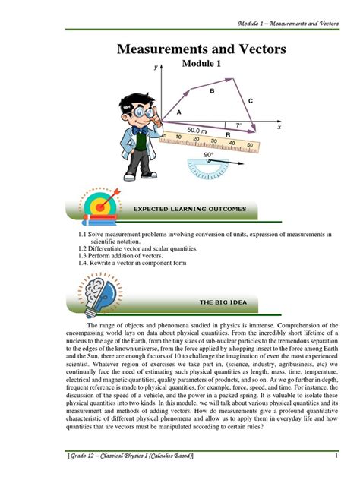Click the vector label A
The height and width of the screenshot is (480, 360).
[179, 112]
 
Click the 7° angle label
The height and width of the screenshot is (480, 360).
[238, 125]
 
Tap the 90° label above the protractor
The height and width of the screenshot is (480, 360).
[208, 153]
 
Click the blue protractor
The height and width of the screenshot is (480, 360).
[209, 168]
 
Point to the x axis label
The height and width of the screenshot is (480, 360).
[279, 128]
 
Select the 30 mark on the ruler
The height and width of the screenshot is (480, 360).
[215, 141]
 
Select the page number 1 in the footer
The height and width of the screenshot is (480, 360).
[335, 455]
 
